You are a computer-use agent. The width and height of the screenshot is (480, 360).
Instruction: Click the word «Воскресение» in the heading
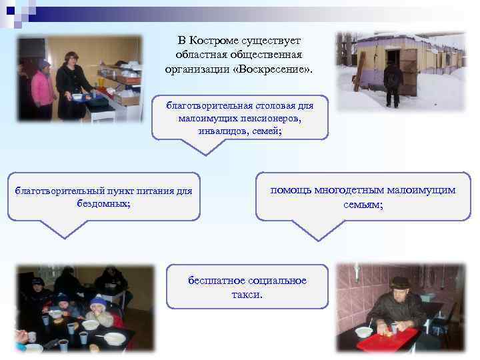point(271,69)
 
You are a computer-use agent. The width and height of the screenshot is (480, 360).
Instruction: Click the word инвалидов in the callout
point(219,131)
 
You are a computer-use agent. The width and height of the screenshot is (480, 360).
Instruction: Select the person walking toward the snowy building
point(393,83)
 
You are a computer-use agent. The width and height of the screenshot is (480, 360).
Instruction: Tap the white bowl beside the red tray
point(364,331)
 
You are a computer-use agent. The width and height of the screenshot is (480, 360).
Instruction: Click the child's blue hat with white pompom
point(98,302)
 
